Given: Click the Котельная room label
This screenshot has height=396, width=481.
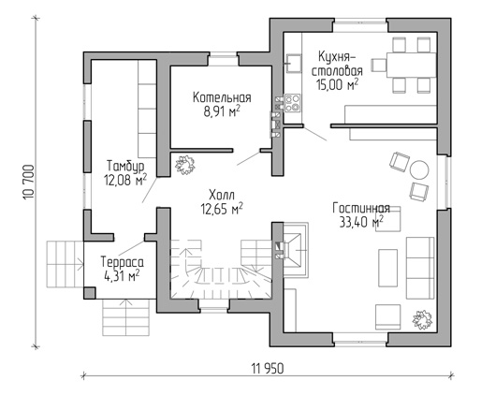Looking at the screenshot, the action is click(x=222, y=97).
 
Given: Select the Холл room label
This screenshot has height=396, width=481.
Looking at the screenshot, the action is click(x=222, y=196).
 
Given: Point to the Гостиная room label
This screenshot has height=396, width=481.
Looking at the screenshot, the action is click(x=361, y=208).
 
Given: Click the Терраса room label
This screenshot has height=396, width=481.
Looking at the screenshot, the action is click(x=123, y=262).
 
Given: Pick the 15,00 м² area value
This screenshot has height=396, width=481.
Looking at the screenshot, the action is click(x=337, y=84).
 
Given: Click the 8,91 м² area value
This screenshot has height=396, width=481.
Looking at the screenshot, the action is click(x=222, y=111).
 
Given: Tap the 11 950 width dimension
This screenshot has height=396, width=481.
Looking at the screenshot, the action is click(x=268, y=369).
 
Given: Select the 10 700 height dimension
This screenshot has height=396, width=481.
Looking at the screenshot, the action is click(x=28, y=183).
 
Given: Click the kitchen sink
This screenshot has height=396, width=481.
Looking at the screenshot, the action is click(x=293, y=63).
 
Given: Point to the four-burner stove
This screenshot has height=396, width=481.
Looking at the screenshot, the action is click(x=293, y=103).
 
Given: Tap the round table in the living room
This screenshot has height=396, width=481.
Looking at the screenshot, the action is click(x=419, y=169).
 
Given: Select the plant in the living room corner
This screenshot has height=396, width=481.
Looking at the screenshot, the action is click(x=422, y=319).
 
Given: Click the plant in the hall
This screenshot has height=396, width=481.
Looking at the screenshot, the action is click(x=185, y=165).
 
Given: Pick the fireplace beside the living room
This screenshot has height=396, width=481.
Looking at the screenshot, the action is click(x=295, y=250).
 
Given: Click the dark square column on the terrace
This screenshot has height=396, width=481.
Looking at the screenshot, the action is click(x=90, y=293).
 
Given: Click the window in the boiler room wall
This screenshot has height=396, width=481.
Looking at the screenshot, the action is click(x=223, y=61).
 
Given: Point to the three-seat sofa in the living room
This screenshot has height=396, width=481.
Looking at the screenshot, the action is click(x=420, y=268).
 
